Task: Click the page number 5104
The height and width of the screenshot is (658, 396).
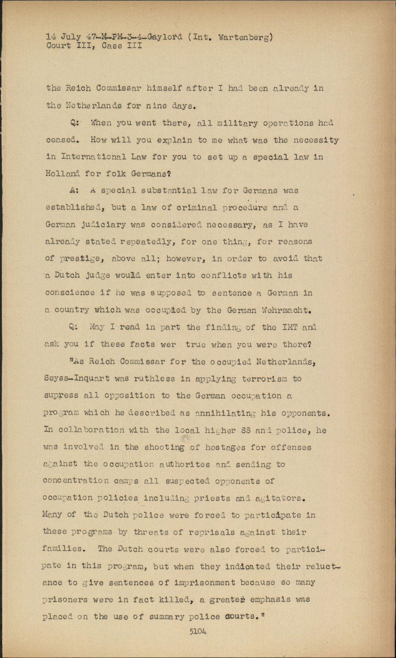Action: point(198,631)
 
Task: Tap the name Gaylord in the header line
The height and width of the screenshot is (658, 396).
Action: point(165,37)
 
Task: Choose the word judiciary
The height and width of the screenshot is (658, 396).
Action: point(101,225)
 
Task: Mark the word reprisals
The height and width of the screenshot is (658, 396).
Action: point(211,533)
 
